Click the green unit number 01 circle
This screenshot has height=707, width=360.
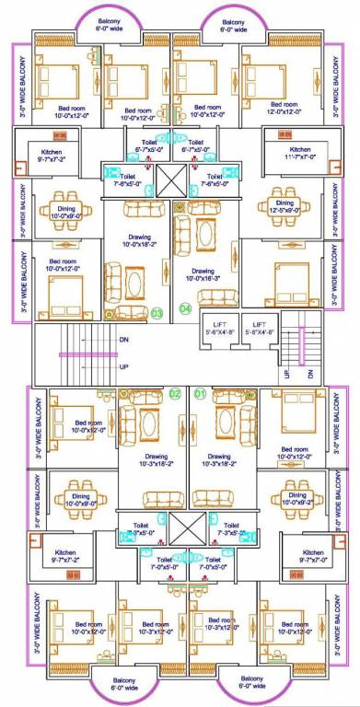click(201, 395)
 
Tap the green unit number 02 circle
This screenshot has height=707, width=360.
click(175, 395)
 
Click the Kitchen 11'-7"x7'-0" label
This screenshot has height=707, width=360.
click(301, 154)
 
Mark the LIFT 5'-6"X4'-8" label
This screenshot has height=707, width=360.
click(217, 329)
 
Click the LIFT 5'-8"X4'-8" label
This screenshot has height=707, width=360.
click(261, 329)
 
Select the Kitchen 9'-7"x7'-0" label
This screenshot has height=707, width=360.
click(300, 555)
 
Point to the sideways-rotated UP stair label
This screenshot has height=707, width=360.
click(288, 374)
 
